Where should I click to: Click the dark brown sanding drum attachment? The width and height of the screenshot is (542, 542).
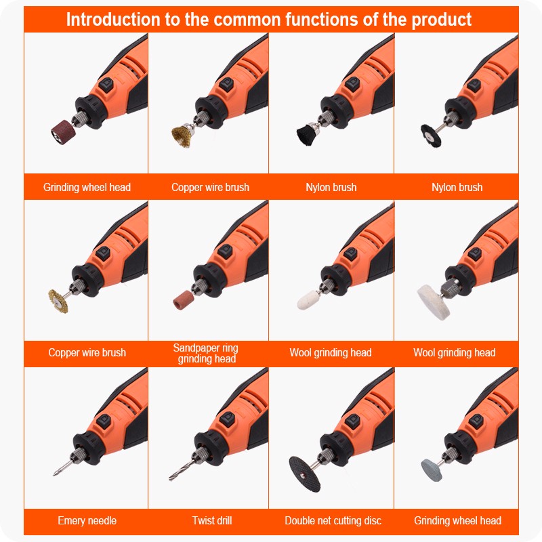pyautogui.click(x=63, y=132)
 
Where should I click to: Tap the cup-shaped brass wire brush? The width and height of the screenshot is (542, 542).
pyautogui.click(x=182, y=136)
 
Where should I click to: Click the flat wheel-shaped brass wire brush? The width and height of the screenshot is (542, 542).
pyautogui.click(x=58, y=301)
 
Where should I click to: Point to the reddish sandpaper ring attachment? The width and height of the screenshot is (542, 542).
pyautogui.click(x=183, y=300)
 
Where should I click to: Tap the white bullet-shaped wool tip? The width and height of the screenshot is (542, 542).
pyautogui.click(x=308, y=299)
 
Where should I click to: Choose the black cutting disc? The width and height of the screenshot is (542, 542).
pyautogui.click(x=304, y=474)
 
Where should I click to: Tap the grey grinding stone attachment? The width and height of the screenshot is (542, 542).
pyautogui.click(x=432, y=470)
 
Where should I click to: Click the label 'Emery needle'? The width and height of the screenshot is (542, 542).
pyautogui.click(x=87, y=520)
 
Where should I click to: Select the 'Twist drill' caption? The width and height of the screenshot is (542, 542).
pyautogui.click(x=212, y=520)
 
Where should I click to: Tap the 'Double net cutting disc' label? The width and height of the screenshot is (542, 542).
pyautogui.click(x=333, y=520)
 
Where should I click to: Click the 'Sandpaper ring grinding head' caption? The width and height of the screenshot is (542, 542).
pyautogui.click(x=206, y=353)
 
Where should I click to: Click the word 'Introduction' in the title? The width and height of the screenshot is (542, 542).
pyautogui.click(x=113, y=20)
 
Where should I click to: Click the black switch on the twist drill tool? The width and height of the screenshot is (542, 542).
pyautogui.click(x=228, y=419)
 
